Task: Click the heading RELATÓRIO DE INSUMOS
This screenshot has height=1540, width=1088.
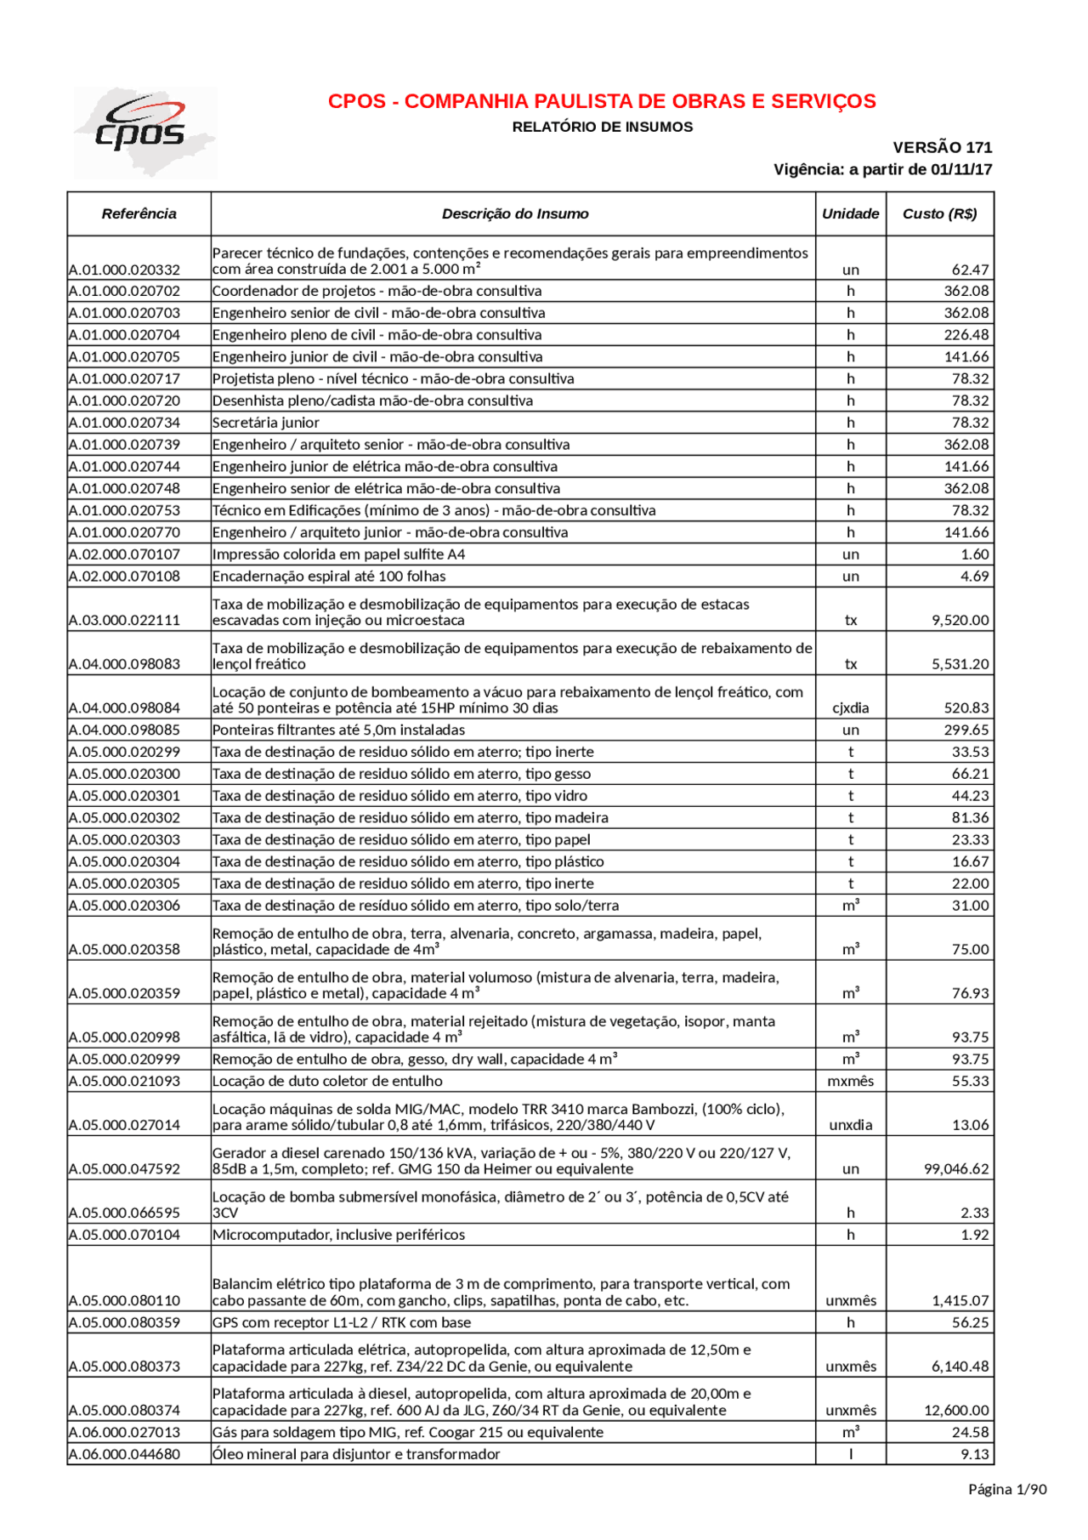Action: (602, 128)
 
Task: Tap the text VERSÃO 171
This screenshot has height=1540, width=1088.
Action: (942, 147)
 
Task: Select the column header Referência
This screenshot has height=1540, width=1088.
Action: (139, 213)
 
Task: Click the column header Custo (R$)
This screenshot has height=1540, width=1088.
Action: (939, 213)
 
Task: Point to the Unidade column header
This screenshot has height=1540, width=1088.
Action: (850, 213)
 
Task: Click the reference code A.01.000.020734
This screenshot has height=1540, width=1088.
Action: (124, 423)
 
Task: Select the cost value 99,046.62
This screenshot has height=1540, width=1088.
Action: (956, 1168)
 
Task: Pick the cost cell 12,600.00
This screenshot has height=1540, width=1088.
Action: (956, 1410)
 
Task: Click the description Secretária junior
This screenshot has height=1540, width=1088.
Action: (266, 423)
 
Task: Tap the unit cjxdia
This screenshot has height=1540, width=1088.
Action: (850, 707)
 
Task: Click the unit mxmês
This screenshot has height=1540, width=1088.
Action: (850, 1081)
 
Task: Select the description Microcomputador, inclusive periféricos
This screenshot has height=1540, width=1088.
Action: (338, 1234)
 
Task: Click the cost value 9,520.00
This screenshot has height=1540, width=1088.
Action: (960, 620)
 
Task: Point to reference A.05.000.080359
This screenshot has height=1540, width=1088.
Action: (124, 1322)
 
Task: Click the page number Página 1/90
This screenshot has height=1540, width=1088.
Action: (1007, 1488)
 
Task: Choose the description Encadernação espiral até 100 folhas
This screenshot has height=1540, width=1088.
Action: (329, 576)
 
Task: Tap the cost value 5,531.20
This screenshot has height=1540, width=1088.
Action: (960, 663)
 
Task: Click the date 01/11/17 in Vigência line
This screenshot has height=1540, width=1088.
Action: (961, 169)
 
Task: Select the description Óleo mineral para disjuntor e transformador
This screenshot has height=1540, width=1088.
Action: (356, 1454)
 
